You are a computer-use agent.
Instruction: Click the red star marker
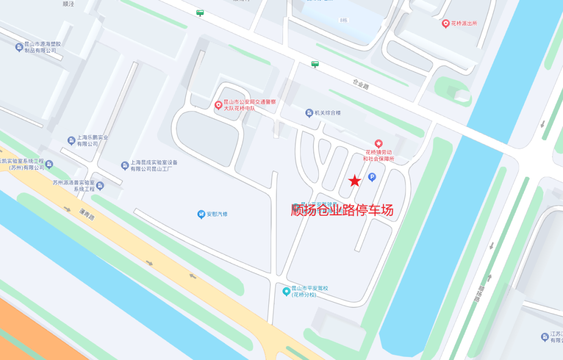click(x=354, y=181)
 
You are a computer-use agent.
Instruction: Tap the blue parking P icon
click(x=372, y=177)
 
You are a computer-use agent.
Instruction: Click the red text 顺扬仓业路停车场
click(x=342, y=210)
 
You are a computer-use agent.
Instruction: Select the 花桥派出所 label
click(x=464, y=23)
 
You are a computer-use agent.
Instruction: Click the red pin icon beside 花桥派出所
click(x=446, y=23)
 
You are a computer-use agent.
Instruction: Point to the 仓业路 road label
click(x=361, y=84)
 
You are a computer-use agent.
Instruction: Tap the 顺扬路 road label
click(x=480, y=295)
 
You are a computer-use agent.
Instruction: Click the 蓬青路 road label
click(x=87, y=214)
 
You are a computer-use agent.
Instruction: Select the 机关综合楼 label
click(x=327, y=113)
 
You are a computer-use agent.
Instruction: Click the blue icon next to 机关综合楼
click(x=309, y=113)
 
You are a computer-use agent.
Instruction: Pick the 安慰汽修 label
click(x=217, y=214)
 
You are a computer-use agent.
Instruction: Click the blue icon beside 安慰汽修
click(x=201, y=214)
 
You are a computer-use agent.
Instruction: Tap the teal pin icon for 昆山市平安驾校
click(x=286, y=291)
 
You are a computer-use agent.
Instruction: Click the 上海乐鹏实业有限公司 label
click(x=93, y=141)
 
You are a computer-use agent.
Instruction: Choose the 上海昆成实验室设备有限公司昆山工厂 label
click(x=154, y=166)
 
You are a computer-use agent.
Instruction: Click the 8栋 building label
click(x=343, y=20)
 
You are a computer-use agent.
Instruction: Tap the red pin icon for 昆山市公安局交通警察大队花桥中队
click(x=219, y=105)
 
